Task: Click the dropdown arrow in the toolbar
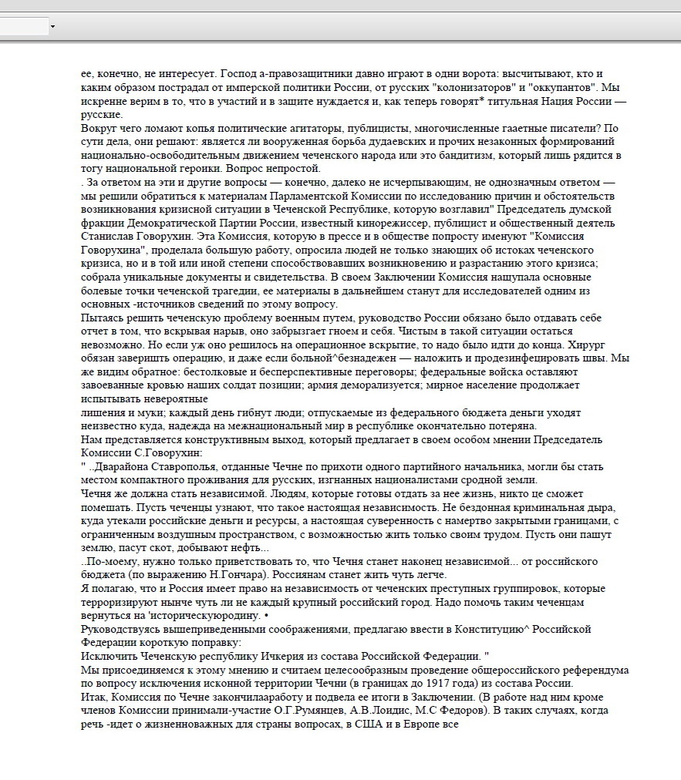click(x=52, y=27)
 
